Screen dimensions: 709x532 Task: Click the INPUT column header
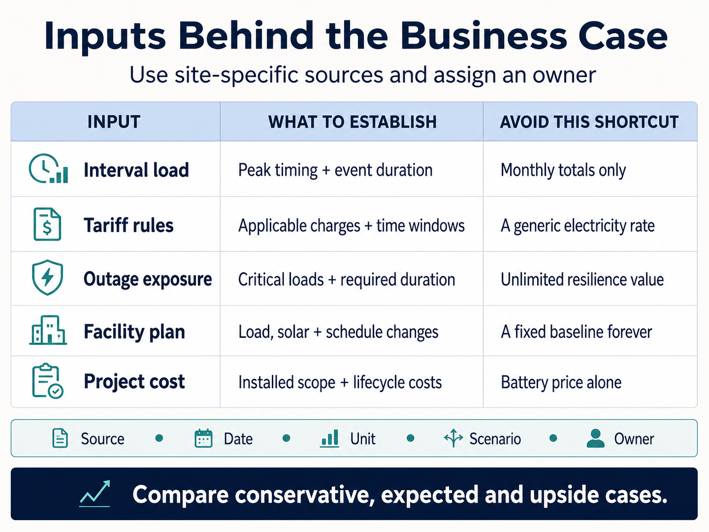tap(114, 122)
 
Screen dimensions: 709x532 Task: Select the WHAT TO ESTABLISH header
tap(353, 122)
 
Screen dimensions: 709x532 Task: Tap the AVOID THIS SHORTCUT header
tap(589, 122)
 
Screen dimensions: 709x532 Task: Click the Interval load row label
tap(136, 170)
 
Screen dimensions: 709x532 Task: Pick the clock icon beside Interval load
tap(48, 169)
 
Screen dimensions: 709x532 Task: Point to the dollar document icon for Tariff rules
tap(47, 224)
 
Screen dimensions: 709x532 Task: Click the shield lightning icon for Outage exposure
tap(47, 277)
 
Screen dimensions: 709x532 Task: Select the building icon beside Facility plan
tap(48, 330)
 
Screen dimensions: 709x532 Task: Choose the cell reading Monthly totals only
tap(563, 170)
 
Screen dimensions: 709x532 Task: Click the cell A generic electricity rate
tap(578, 225)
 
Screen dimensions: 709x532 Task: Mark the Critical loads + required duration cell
tap(347, 279)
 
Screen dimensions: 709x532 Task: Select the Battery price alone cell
tap(561, 382)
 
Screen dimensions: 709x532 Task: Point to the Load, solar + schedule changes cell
tap(338, 332)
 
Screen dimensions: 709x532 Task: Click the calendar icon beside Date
tap(204, 438)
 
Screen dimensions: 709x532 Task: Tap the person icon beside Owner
tap(595, 438)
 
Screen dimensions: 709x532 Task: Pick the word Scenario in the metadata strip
tap(495, 439)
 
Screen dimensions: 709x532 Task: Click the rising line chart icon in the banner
tap(95, 493)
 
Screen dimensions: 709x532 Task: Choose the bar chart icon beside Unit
tap(330, 438)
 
